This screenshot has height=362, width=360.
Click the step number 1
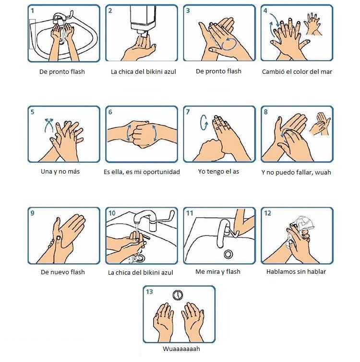point(33,11)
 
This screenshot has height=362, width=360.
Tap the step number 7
point(188,112)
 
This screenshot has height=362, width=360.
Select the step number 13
point(149,292)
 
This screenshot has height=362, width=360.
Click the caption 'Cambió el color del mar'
point(297,71)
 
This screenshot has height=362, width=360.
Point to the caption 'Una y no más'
point(60,172)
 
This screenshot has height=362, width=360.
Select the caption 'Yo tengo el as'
point(218,172)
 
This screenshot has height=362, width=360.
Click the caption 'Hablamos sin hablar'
point(296,271)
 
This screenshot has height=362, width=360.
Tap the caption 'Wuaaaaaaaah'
point(181,349)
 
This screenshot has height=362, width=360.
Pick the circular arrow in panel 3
point(229,44)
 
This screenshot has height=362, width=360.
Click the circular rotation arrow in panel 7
point(204,122)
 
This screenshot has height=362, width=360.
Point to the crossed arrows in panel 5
point(49,125)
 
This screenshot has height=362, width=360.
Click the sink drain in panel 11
point(228,254)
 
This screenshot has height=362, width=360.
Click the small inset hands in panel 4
point(313,24)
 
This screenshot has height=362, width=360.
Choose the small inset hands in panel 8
point(320,124)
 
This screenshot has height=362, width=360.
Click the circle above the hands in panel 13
point(178,295)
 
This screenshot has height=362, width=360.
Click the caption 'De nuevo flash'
point(63,272)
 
